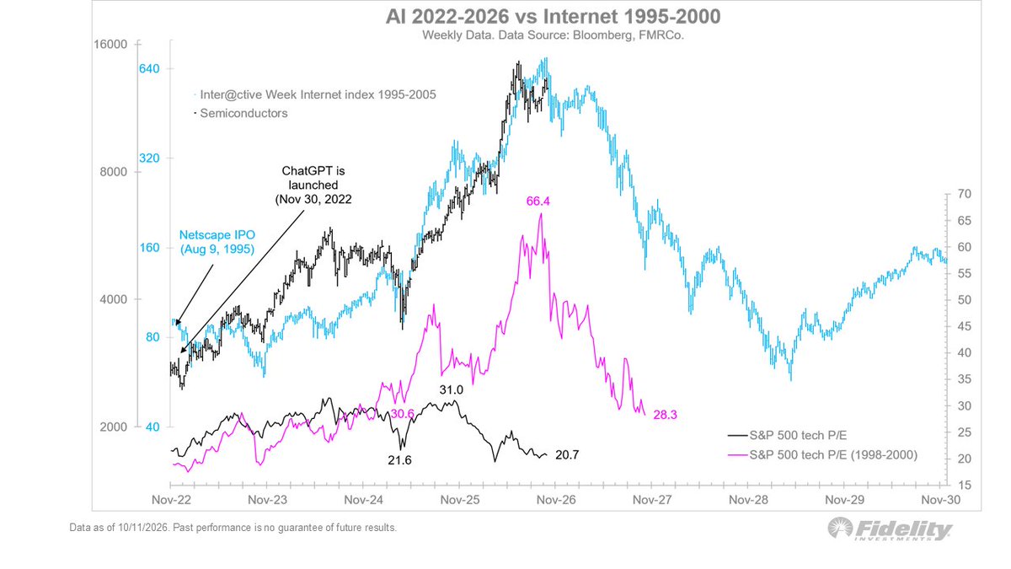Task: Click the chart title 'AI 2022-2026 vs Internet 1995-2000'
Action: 553,17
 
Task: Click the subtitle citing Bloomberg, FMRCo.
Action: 553,35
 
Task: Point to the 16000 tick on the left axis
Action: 110,44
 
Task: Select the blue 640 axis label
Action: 149,68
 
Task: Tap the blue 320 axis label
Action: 149,158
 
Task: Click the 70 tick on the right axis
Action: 965,194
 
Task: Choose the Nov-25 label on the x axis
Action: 460,500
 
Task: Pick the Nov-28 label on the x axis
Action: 748,500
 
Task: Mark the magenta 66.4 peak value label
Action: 538,201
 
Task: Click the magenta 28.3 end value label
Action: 666,415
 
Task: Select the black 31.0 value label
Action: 452,389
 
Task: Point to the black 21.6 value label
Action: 399,460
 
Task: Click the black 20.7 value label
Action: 567,455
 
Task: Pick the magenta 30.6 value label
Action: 402,414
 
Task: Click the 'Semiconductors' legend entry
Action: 241,113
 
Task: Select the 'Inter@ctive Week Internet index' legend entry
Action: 315,94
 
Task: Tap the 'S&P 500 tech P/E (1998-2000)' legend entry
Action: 823,454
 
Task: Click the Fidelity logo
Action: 890,529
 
